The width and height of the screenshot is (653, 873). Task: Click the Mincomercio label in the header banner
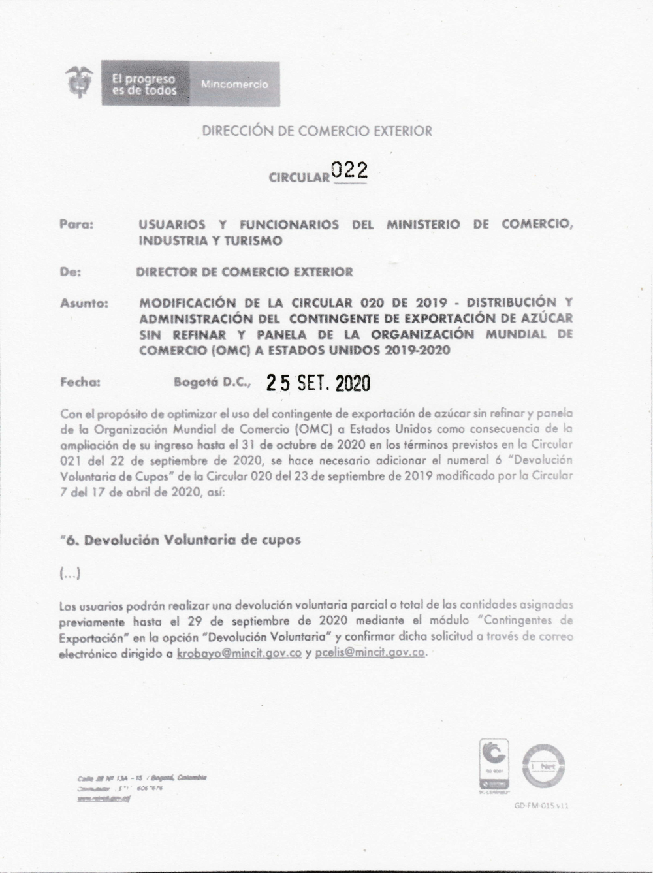(234, 85)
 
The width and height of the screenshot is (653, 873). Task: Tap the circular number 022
(349, 170)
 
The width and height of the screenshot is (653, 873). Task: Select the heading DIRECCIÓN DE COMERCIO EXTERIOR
(317, 131)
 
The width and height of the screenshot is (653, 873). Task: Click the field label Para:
(76, 224)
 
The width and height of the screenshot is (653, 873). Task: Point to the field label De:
(71, 272)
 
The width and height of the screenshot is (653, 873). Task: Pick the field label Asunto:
(84, 303)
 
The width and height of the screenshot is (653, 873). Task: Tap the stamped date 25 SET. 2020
(318, 383)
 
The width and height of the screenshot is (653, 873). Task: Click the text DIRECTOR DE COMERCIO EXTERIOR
(244, 272)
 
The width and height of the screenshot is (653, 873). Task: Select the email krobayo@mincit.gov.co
(239, 653)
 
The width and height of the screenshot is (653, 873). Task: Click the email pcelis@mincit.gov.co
(370, 653)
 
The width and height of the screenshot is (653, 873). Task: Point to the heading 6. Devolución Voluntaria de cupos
(180, 540)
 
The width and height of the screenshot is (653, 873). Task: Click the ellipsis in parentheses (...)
(70, 574)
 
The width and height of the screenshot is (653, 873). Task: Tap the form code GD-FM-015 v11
(541, 806)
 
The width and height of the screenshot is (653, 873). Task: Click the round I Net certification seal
(543, 767)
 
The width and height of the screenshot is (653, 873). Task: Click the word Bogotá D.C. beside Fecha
(211, 383)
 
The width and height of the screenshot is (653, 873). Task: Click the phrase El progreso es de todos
(144, 84)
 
